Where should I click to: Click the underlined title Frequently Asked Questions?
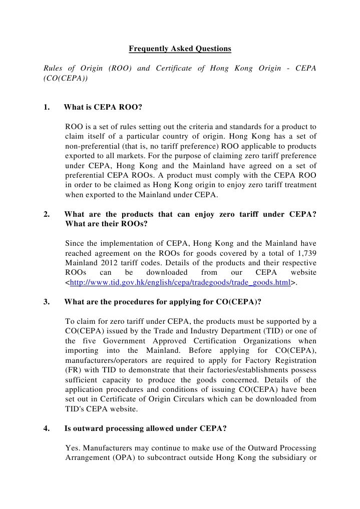coord(180,49)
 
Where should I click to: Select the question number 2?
coord(46,214)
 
